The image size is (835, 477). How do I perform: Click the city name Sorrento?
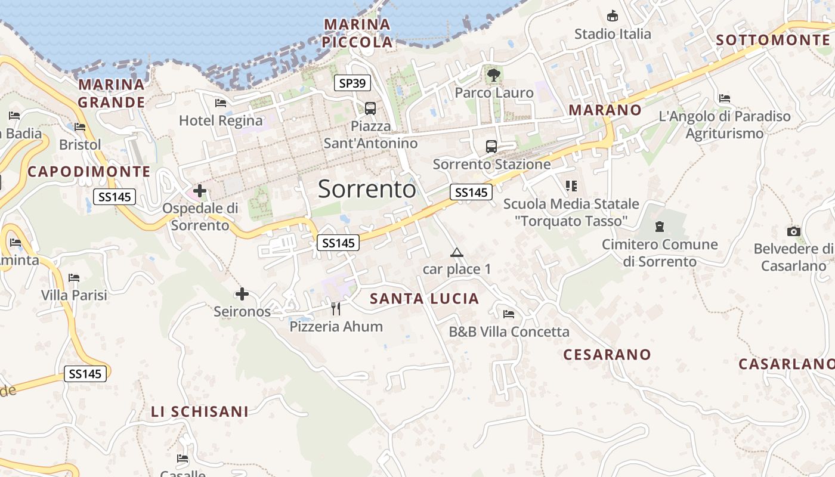367,189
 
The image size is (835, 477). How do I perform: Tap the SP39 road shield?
352,83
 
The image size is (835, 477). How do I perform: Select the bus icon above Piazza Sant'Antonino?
370,108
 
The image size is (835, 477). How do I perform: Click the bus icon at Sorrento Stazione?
491,146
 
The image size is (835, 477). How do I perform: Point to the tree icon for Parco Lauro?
493,75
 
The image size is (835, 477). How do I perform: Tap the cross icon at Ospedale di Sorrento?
200,191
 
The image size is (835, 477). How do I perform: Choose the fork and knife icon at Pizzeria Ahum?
336,308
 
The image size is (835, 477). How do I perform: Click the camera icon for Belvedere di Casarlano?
793,231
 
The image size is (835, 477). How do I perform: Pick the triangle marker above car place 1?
457,252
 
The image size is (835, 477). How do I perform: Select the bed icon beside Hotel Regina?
221,103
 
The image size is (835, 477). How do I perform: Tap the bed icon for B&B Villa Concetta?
509,314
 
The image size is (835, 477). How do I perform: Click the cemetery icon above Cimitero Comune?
660,227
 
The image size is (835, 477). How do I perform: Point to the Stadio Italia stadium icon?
613,16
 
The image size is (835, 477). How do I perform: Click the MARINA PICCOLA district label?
357,33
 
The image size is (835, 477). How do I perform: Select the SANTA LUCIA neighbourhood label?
425,299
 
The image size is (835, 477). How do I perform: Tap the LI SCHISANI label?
200,412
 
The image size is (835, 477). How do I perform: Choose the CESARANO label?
607,355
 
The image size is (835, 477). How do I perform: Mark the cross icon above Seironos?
242,294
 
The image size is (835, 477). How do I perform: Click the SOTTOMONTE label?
772,40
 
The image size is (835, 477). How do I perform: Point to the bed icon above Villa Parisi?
74,278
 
